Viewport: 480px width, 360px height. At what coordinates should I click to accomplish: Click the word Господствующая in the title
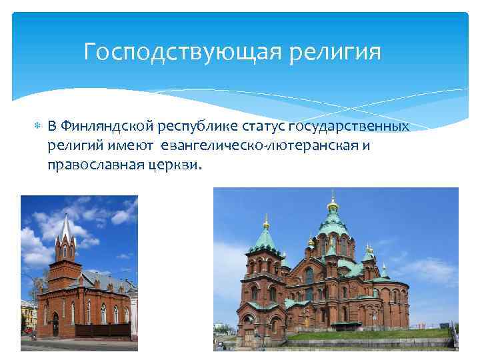click(175, 51)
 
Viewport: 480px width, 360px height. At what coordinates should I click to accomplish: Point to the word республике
click(203, 127)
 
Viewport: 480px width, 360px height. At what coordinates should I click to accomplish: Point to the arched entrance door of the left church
click(55, 325)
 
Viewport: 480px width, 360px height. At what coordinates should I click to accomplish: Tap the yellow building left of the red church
click(27, 313)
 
